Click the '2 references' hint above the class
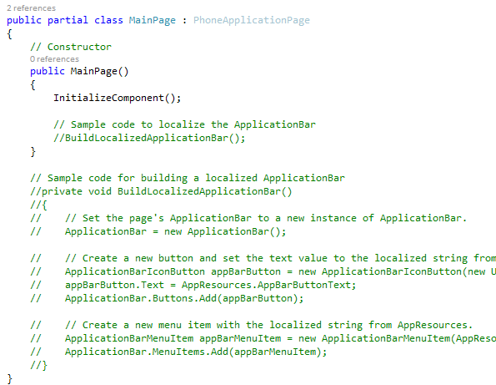[x=32, y=8]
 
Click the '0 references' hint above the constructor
[x=54, y=59]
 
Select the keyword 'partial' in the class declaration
[x=68, y=21]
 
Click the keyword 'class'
[x=108, y=20]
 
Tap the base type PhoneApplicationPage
[x=252, y=21]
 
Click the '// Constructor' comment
[x=71, y=47]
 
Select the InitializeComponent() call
[x=117, y=98]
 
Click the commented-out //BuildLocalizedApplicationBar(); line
[x=149, y=138]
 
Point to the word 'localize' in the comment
[x=182, y=124]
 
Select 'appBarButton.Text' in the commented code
[x=114, y=285]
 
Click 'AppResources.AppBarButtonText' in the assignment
[x=266, y=285]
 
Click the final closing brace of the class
[x=9, y=378]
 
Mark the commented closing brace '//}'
[x=38, y=365]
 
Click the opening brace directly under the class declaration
[x=9, y=34]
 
